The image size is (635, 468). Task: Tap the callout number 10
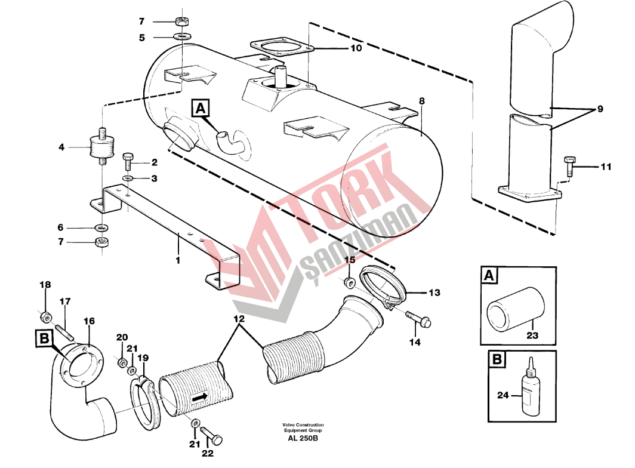(356, 48)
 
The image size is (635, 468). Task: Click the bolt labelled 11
(569, 165)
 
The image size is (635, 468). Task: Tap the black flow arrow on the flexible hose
(199, 398)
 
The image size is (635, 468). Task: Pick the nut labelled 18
(46, 316)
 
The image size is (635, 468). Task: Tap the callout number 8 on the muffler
(422, 100)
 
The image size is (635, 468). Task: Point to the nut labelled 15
(350, 283)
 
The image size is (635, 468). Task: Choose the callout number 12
(239, 319)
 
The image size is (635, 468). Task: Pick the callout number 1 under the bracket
(178, 260)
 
